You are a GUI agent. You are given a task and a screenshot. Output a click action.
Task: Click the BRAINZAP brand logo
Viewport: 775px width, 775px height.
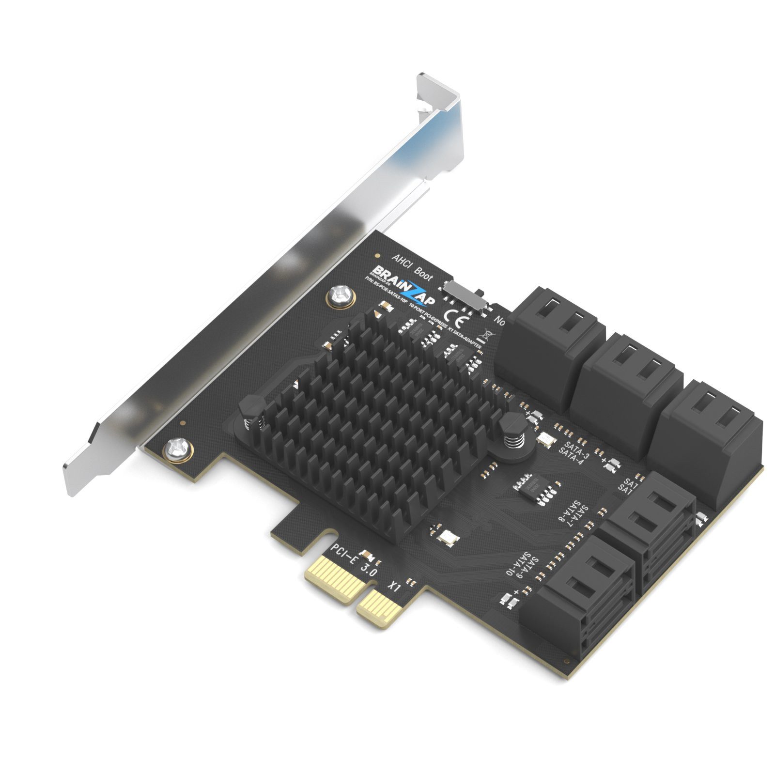tap(403, 286)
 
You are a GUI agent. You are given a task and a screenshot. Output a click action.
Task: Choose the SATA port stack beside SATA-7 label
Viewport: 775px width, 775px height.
tap(649, 528)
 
